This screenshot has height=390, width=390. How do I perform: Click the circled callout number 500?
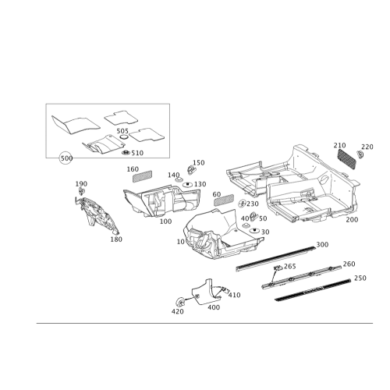pyautogui.click(x=66, y=158)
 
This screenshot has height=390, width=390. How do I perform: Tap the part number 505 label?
pyautogui.click(x=122, y=131)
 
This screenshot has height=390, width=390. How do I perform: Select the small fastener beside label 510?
pyautogui.click(x=126, y=153)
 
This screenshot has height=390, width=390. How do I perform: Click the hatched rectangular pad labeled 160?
pyautogui.click(x=142, y=176)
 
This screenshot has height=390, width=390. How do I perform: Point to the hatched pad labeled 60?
pyautogui.click(x=224, y=200)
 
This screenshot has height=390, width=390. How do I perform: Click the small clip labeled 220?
pyautogui.click(x=360, y=154)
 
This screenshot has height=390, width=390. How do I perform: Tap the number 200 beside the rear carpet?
pyautogui.click(x=352, y=220)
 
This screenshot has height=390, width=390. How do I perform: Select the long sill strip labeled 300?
pyautogui.click(x=275, y=259)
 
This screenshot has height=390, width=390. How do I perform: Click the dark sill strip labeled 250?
pyautogui.click(x=313, y=289)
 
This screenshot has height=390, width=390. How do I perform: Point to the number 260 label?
pyautogui.click(x=349, y=264)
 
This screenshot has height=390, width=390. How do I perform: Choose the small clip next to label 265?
pyautogui.click(x=278, y=268)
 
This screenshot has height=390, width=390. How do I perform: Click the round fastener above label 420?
pyautogui.click(x=180, y=302)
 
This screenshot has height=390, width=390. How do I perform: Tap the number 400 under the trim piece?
pyautogui.click(x=214, y=307)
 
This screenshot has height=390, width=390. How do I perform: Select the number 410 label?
pyautogui.click(x=235, y=295)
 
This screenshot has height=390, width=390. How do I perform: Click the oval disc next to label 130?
pyautogui.click(x=187, y=184)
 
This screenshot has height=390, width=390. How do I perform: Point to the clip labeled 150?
pyautogui.click(x=191, y=170)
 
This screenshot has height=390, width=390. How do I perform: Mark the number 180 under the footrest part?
pyautogui.click(x=116, y=239)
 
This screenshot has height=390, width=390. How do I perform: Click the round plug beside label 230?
pyautogui.click(x=243, y=204)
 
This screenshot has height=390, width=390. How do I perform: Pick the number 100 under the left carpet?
pyautogui.click(x=165, y=222)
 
